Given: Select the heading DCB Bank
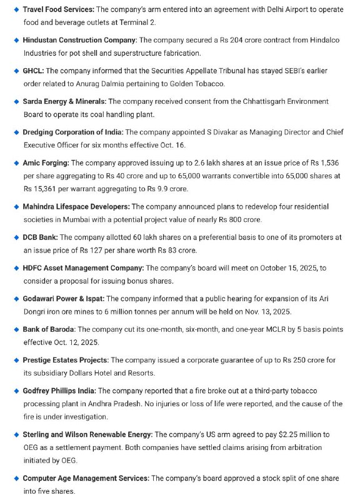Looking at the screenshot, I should [x=40, y=237].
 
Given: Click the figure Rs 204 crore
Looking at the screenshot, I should [x=241, y=41].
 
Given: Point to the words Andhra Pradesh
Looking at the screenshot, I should [x=134, y=403].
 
